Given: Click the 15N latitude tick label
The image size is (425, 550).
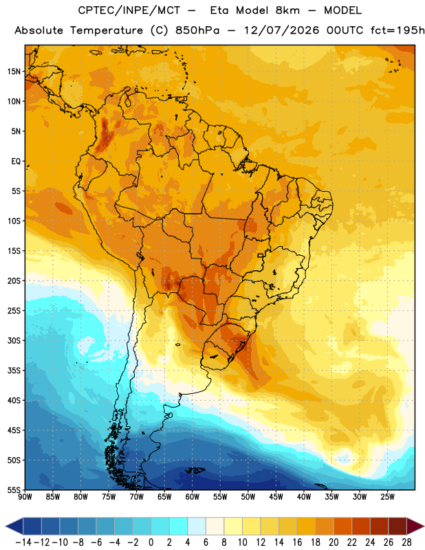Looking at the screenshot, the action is coord(14,71).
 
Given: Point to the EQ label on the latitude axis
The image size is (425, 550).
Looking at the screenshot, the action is coord(16,162).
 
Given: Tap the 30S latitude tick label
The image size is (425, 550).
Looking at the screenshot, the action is coord(14,340).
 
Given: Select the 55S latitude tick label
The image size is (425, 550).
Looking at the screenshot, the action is coord(14,490).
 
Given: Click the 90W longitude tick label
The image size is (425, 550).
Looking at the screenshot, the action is coord(25,497).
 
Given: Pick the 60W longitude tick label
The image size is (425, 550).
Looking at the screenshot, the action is coord(193,497).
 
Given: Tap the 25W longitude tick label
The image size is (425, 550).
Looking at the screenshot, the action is coord(387,497).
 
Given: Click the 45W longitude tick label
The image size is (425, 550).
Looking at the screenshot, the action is coord(276,497).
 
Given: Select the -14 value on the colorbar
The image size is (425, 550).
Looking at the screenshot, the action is coord(23,542).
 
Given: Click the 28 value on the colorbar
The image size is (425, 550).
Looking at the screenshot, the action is coord(406,542).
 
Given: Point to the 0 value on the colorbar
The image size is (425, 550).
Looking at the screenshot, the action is coord(151,542).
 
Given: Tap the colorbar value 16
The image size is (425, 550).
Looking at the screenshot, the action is coord(297,542).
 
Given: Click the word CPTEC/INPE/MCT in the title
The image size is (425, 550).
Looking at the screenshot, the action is coord(129,10).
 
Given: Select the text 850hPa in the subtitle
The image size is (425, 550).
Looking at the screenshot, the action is coord(197,30).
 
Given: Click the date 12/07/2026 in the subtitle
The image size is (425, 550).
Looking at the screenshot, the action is coord(281,30).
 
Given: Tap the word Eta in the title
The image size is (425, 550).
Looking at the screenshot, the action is coord(219,10).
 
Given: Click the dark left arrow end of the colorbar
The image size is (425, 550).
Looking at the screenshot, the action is coord(14,526).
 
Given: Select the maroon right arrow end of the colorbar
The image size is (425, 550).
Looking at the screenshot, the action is coord(415,526).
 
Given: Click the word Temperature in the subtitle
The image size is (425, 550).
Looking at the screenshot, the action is coord(107,31).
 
